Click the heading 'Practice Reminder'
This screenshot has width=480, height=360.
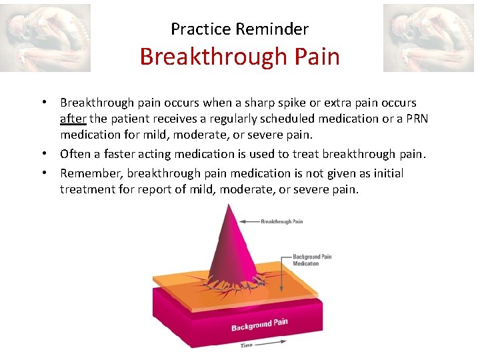click(x=239, y=29)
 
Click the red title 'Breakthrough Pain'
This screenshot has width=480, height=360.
click(x=239, y=57)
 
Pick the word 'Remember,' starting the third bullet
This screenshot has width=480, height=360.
click(x=91, y=173)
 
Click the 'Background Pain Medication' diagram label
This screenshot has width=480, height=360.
click(x=311, y=260)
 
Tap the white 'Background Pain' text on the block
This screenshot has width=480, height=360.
click(x=259, y=325)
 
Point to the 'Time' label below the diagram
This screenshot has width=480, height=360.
click(x=247, y=345)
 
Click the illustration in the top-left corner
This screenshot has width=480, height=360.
click(x=45, y=38)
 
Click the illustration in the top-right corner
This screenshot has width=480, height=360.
click(x=427, y=38)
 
